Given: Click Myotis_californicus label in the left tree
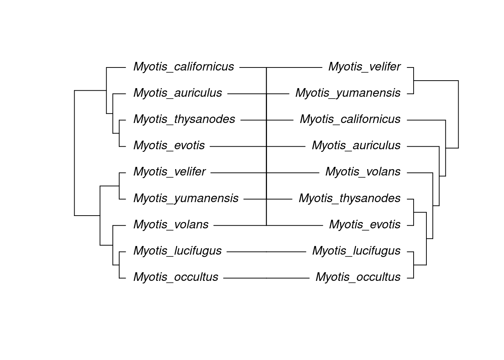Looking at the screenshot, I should point(183,67).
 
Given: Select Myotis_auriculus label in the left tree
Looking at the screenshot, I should point(177,93).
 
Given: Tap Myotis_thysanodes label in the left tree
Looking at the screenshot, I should point(184,119).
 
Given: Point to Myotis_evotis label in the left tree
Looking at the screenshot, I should point(169,145).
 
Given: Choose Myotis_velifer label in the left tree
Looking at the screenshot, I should point(169,172).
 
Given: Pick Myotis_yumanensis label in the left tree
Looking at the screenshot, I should point(186,198).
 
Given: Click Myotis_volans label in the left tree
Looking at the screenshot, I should point(171,224).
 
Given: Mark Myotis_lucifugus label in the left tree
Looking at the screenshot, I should point(177,250).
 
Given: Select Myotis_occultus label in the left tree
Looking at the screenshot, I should point(175,277).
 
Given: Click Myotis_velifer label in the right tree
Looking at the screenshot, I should point(364,67).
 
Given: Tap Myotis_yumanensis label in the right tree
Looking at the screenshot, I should point(348,93).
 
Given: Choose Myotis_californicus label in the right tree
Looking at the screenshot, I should point(350,119).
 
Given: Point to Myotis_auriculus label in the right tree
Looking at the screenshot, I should point(356,145).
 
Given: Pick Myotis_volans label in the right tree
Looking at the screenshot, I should point(363,172).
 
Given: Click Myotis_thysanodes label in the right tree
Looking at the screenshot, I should point(349,198).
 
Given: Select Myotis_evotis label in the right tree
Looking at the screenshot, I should point(364,224).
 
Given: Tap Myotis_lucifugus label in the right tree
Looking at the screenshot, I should point(356,250).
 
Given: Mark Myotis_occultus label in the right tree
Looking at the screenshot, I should point(358,277).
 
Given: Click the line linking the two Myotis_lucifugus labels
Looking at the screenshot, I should point(266,252).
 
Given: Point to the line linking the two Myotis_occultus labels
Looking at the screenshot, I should point(266,278).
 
